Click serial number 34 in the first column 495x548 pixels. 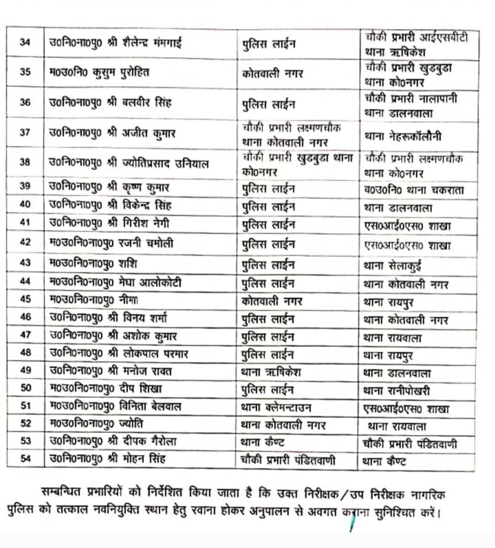click(x=24, y=42)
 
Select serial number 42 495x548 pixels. click(x=25, y=243)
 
